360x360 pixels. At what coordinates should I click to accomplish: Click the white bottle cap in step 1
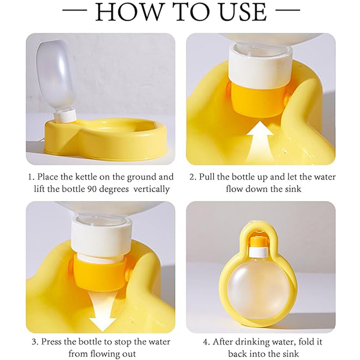click(65, 116)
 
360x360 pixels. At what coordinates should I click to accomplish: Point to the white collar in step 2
click(260, 66)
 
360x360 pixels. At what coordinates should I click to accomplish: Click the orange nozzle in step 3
click(100, 273)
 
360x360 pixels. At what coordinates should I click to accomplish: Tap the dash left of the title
click(75, 10)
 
